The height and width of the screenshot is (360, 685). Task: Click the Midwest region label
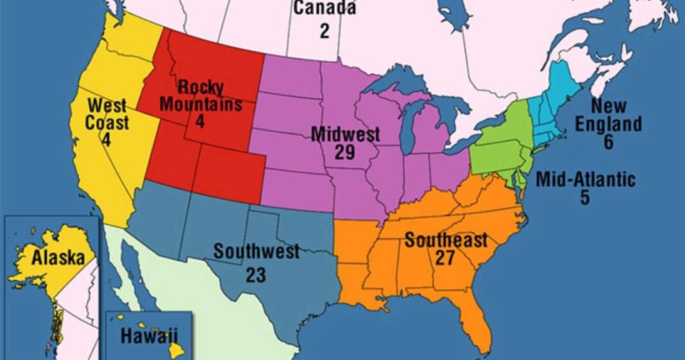346,134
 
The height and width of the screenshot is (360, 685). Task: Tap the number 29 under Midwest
346,152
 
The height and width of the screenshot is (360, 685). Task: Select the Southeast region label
446,241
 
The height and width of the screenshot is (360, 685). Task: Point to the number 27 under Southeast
446,258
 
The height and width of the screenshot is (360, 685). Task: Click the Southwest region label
257,251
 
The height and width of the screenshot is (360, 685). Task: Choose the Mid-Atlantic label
585,180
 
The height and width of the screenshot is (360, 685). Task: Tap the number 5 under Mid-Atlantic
585,198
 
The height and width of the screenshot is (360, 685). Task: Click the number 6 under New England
607,142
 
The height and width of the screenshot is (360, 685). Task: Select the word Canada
325,8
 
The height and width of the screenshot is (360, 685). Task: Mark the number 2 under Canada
325,31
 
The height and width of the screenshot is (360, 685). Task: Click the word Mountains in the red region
201,103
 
